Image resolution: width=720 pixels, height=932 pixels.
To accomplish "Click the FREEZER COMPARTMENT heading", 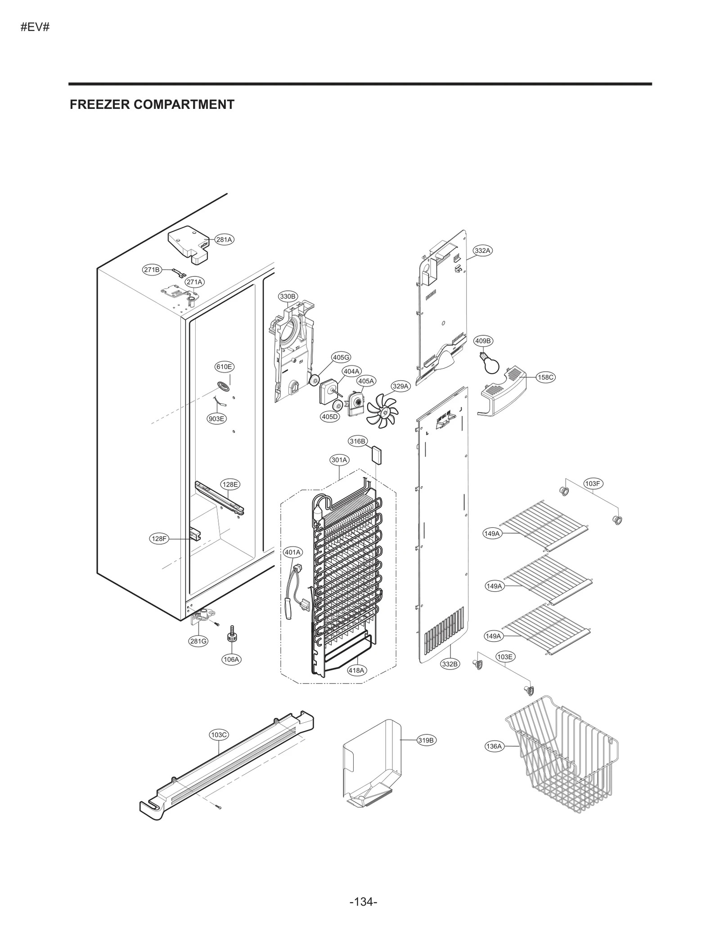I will click(x=152, y=104).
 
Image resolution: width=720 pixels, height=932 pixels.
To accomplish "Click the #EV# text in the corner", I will click(x=35, y=27).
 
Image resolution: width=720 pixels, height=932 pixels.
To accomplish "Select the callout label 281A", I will click(x=224, y=239).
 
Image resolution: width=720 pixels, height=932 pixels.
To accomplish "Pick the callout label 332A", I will click(x=482, y=251).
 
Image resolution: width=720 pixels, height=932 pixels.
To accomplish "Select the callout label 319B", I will click(x=426, y=740).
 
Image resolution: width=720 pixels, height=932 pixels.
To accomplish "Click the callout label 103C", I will click(x=219, y=734).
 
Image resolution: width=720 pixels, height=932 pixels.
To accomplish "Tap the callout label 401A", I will click(x=293, y=552).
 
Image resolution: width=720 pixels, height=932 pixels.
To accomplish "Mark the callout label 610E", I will click(x=224, y=367).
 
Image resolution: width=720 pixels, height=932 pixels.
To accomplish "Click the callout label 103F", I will click(x=592, y=484).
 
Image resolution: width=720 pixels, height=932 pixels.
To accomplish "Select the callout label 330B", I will click(x=288, y=296).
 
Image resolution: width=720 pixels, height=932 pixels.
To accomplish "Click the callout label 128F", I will click(x=159, y=538).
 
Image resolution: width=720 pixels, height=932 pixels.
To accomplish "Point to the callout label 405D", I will click(x=329, y=417).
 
